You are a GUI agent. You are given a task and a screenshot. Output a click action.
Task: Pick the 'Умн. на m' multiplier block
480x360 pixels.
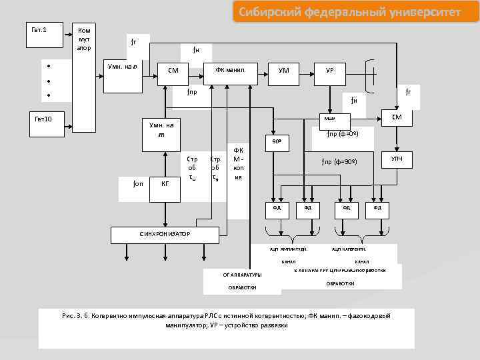pyautogui.click(x=161, y=130)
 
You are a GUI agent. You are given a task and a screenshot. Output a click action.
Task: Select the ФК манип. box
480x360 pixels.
pyautogui.click(x=231, y=70)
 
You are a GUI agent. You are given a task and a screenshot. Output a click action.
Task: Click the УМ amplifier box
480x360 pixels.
pyautogui.click(x=283, y=70)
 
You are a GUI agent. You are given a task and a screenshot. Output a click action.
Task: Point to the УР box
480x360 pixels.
pyautogui.click(x=329, y=70)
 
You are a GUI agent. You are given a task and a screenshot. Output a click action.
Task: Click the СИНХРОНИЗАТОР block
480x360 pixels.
pyautogui.click(x=165, y=234)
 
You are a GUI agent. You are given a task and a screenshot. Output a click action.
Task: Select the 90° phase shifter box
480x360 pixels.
pyautogui.click(x=275, y=141)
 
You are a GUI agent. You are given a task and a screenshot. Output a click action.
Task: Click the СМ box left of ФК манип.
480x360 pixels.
pyautogui.click(x=173, y=70)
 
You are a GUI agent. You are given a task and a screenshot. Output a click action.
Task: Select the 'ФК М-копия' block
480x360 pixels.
pyautogui.click(x=238, y=164)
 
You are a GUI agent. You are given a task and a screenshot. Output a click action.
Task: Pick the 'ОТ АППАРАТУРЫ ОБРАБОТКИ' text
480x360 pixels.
pyautogui.click(x=241, y=281)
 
